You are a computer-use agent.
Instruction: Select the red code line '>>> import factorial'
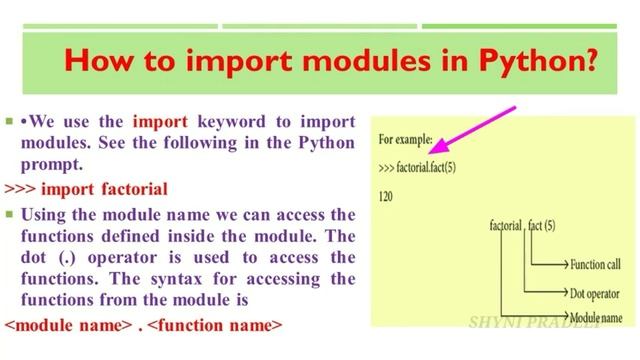pos(86,188)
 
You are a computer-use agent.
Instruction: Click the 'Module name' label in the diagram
pos(594,317)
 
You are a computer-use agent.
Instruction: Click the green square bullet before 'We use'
pos(8,122)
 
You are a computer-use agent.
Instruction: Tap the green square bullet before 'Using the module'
pos(8,214)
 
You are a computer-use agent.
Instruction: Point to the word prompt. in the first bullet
pos(47,164)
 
